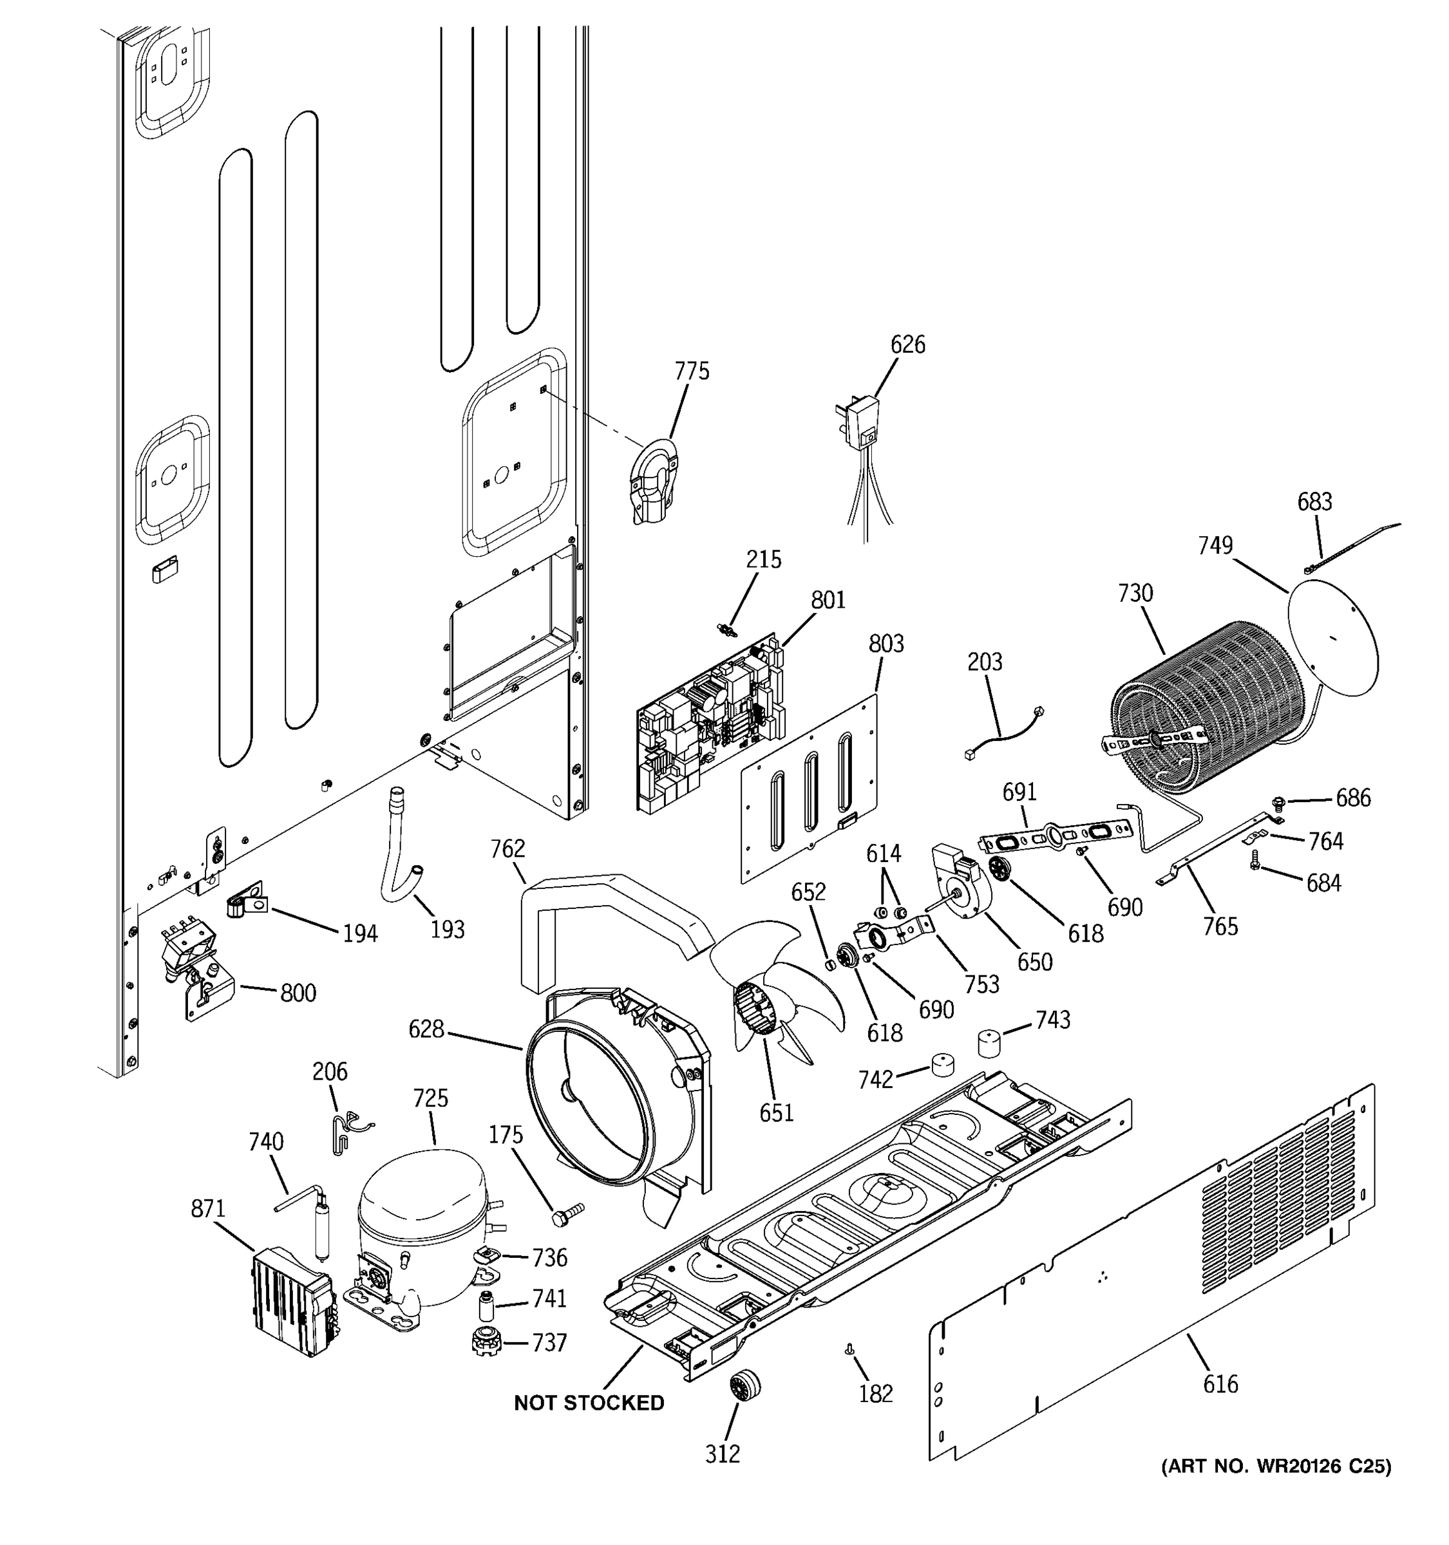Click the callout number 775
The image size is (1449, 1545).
(691, 371)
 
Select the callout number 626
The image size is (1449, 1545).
(907, 344)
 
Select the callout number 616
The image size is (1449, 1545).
(1220, 1384)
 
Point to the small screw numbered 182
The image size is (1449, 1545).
(849, 1351)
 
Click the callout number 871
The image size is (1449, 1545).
(207, 1208)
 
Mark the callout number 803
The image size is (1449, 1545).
(885, 644)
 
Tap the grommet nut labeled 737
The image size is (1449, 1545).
(487, 1343)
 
